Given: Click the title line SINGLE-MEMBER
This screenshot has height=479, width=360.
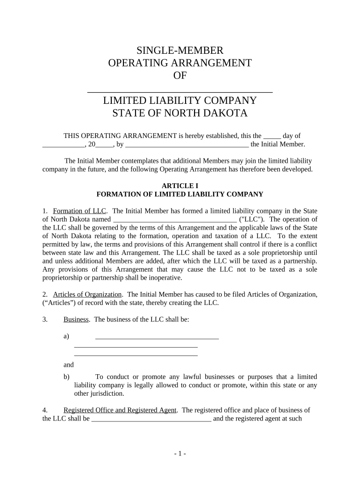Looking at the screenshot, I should point(180,51).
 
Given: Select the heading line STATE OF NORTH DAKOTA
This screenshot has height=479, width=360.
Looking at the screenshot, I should point(180,113).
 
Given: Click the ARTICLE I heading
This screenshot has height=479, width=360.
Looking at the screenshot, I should point(180,186).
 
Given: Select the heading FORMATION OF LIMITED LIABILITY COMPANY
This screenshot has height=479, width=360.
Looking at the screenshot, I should point(180,194).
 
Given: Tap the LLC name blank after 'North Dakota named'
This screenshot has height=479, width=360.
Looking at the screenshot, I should point(174,219).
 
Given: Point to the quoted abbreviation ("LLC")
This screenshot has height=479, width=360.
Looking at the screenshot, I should point(252,219).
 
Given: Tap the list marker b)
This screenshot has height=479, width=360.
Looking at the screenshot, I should point(66,377).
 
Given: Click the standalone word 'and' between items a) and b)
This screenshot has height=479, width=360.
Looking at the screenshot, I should point(68,365).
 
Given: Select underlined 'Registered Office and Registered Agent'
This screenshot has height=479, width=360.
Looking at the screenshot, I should point(120,410).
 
